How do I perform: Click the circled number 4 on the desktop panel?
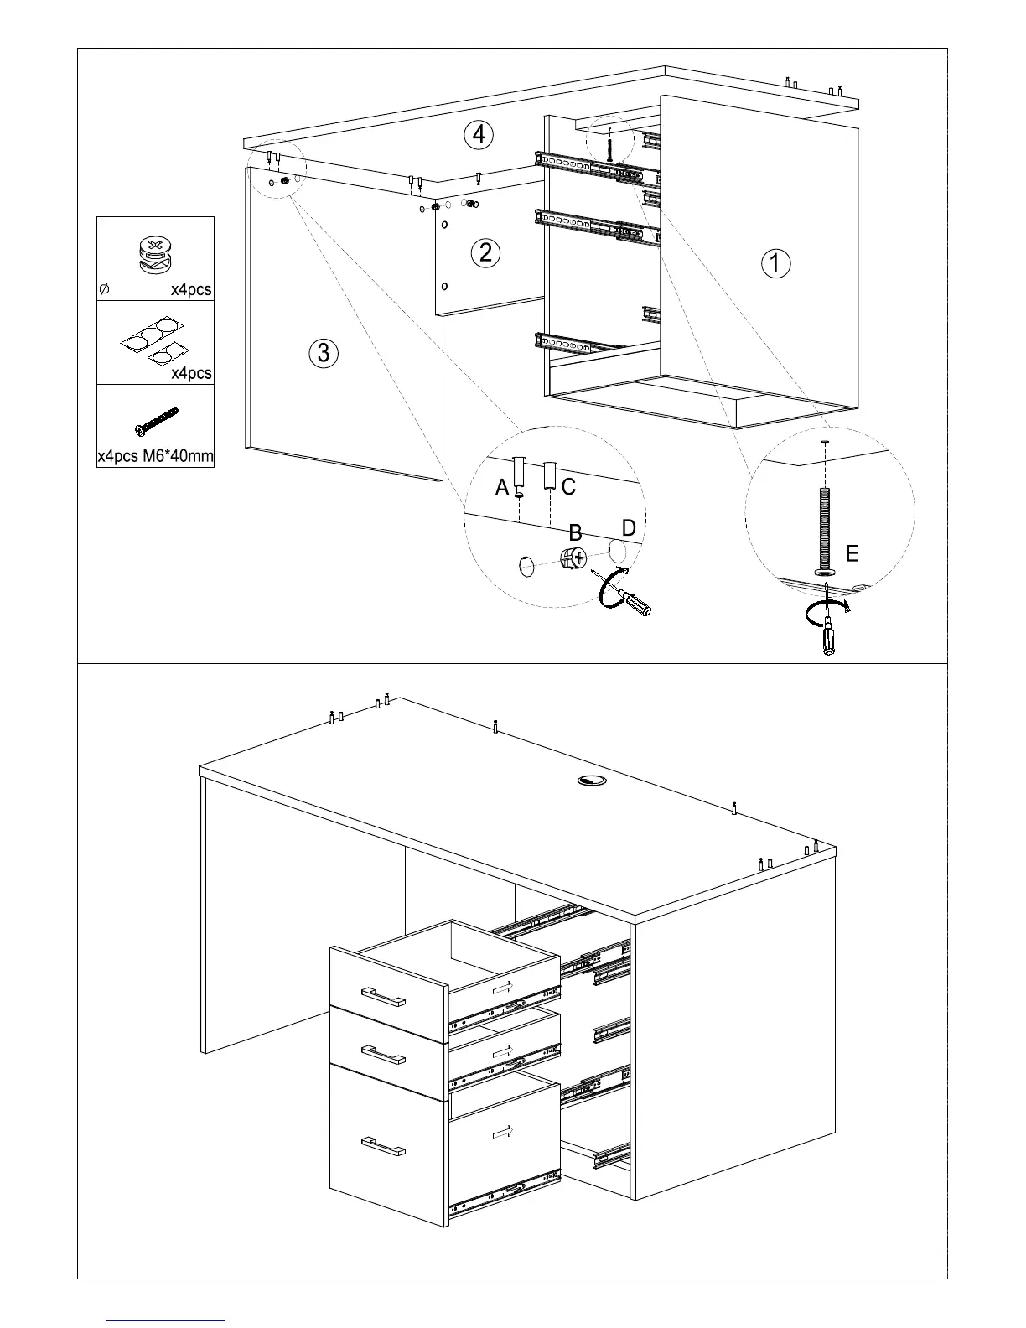tap(479, 135)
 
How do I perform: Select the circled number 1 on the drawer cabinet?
tap(775, 263)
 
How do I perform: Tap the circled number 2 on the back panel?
tap(485, 252)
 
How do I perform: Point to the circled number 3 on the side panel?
tap(324, 352)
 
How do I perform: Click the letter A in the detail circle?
tap(502, 487)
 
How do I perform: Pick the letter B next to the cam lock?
tap(576, 533)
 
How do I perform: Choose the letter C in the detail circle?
tap(568, 486)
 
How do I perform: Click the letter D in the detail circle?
tap(629, 528)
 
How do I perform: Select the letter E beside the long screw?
tap(852, 553)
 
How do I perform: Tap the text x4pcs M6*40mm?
tap(155, 457)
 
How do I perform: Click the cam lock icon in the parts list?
tap(153, 253)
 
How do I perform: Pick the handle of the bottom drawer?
tap(383, 1146)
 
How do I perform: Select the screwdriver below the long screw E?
tap(828, 633)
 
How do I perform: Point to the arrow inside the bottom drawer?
tap(503, 1133)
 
